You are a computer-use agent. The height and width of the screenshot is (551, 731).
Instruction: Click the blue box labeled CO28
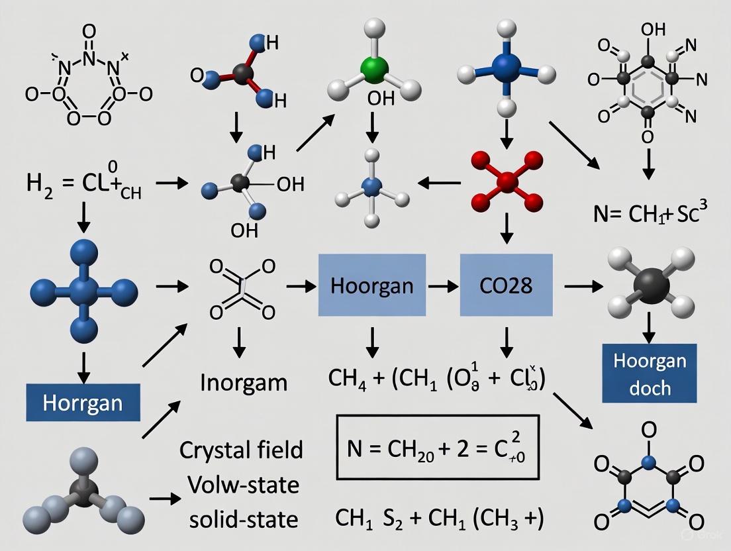point(506,285)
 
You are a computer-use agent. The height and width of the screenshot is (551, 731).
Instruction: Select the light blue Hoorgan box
point(371,285)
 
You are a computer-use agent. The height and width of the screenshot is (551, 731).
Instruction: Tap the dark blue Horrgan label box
point(83,402)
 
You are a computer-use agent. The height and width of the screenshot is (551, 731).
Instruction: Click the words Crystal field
point(242,450)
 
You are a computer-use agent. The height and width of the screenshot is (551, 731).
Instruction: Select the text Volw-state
point(242,485)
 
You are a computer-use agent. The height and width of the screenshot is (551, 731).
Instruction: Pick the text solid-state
point(242,519)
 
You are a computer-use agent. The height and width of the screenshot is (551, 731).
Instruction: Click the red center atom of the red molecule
point(507,181)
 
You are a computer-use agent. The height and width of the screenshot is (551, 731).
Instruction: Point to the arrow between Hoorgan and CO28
point(443,286)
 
